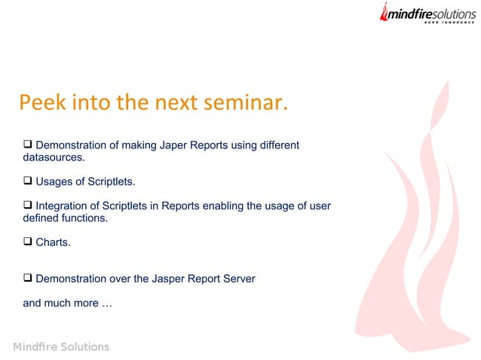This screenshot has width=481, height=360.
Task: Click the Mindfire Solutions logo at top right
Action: pyautogui.click(x=427, y=14)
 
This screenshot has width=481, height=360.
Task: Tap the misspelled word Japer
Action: pyautogui.click(x=174, y=145)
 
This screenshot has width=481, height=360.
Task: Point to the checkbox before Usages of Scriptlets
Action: pyautogui.click(x=28, y=181)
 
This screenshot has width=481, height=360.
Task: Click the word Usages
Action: pyautogui.click(x=54, y=182)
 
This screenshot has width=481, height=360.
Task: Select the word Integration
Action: pyautogui.click(x=63, y=206)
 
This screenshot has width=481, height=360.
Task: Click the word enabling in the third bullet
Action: pyautogui.click(x=223, y=206)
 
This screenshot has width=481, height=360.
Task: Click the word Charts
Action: pyautogui.click(x=53, y=243)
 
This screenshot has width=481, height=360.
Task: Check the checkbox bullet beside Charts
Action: pyautogui.click(x=28, y=242)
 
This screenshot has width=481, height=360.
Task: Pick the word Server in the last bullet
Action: pyautogui.click(x=237, y=279)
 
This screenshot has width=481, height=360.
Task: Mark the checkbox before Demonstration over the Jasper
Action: pyautogui.click(x=28, y=278)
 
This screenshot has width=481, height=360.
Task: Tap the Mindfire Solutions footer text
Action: pyautogui.click(x=61, y=346)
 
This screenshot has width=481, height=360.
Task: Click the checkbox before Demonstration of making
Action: pyautogui.click(x=28, y=144)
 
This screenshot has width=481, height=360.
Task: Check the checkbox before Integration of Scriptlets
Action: pyautogui.click(x=28, y=205)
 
